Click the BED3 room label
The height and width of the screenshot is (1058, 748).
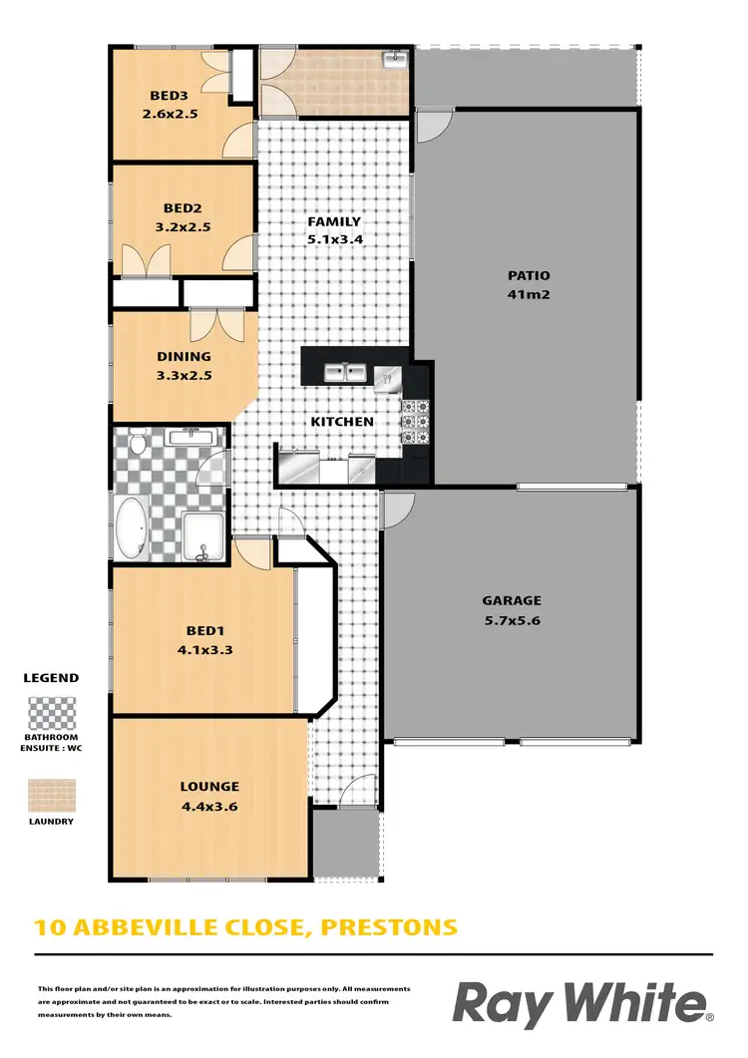pos(168,96)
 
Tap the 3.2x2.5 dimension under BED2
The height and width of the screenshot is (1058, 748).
pos(183,226)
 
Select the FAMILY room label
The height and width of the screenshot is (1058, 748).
pos(333,221)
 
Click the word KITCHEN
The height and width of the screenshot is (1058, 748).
pos(342,421)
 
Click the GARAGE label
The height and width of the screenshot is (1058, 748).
pos(512,600)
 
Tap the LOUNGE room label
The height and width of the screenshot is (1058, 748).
pos(210,786)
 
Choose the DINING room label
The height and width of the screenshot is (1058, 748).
pos(184,356)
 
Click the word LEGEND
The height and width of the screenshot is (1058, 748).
pos(50,678)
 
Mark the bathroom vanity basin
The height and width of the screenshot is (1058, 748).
pos(188,437)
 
